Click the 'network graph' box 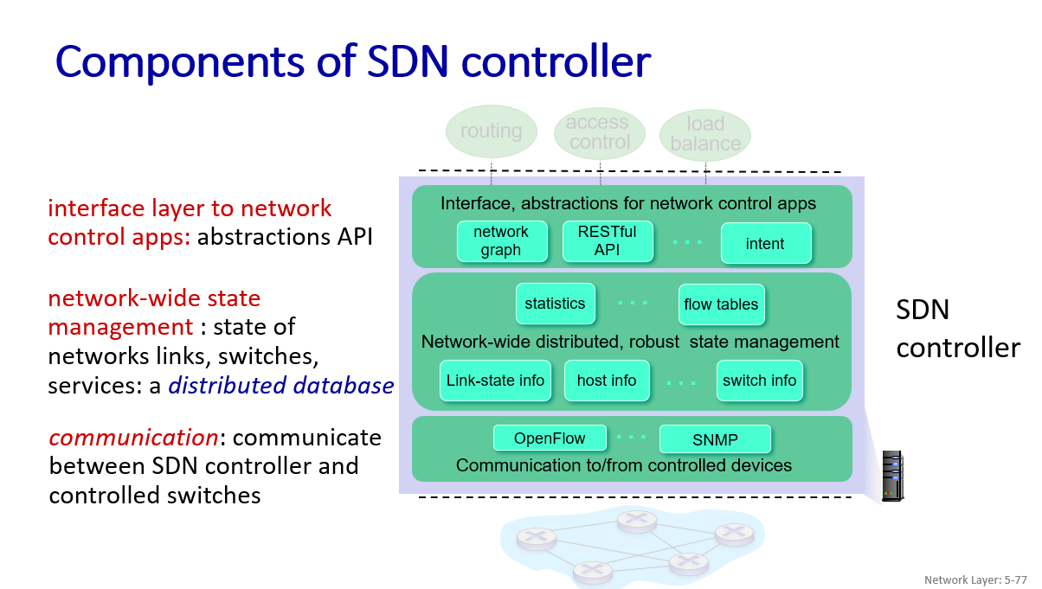(501, 241)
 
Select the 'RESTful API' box (607, 241)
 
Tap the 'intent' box (765, 244)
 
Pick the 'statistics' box (555, 304)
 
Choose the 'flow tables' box (721, 304)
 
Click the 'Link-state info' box (495, 381)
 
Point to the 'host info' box (607, 381)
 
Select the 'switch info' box (759, 381)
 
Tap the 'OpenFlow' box (550, 439)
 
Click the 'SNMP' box (715, 439)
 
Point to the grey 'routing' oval (491, 131)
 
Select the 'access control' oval (598, 133)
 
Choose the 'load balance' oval (705, 135)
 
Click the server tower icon (891, 475)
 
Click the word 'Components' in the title (163, 61)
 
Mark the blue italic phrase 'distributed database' (281, 386)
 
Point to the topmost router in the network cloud (636, 521)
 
